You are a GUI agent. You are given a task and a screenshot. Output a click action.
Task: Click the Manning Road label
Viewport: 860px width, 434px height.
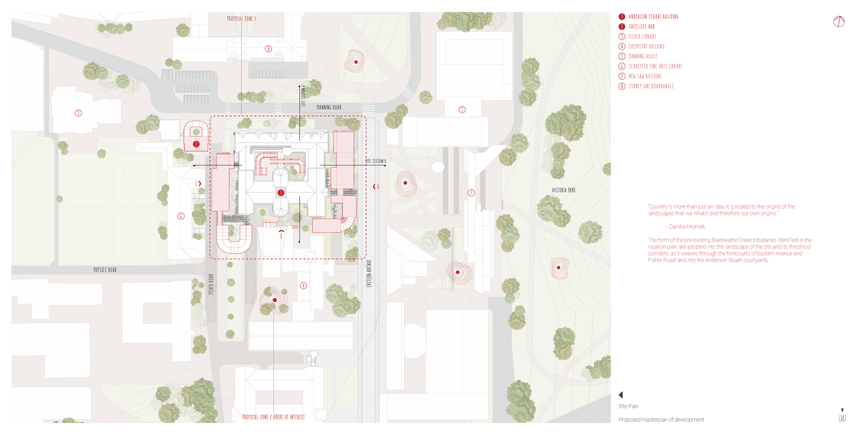(329, 108)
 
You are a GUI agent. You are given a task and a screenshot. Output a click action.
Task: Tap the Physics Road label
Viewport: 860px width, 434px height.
(105, 270)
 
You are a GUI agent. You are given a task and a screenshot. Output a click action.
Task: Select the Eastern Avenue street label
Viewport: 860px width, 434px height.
(369, 274)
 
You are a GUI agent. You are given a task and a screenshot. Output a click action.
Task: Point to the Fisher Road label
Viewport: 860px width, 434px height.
(211, 284)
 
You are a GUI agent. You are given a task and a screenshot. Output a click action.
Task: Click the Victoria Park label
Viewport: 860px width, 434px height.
(563, 190)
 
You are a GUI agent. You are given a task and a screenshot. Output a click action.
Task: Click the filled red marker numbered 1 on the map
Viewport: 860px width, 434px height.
(281, 193)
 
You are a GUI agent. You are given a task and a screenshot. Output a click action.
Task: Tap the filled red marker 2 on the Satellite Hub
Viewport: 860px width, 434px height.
(196, 144)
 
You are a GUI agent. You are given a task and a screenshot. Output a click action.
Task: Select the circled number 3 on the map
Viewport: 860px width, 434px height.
(462, 110)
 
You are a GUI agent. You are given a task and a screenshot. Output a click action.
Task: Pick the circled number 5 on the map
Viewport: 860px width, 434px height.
(78, 113)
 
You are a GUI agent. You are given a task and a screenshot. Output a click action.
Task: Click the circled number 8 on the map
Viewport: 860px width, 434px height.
(268, 49)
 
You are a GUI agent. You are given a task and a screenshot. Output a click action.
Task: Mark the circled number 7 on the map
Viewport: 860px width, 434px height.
(471, 193)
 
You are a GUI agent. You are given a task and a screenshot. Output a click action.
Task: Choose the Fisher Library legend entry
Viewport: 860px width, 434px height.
(642, 36)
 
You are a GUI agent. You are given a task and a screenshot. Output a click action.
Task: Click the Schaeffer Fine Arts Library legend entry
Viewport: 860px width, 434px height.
(655, 66)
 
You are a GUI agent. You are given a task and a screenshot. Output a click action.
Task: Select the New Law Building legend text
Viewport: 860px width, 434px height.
(645, 76)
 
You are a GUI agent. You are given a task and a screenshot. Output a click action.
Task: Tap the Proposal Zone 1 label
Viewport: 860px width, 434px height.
(241, 19)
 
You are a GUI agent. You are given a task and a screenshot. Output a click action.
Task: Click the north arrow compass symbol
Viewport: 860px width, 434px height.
(839, 22)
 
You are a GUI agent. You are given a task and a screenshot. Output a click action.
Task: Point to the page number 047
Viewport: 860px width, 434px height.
(842, 419)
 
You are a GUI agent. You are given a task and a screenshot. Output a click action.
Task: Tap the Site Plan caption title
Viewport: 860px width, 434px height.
(628, 406)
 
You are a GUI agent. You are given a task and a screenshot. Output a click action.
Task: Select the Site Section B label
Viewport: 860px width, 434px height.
(375, 161)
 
